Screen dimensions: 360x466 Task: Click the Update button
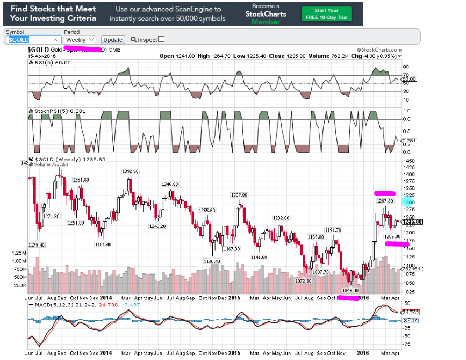(x=113, y=40)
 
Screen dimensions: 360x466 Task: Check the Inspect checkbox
(x=161, y=39)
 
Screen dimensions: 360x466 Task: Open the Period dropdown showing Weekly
(x=80, y=40)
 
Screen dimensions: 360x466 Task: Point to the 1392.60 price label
(x=130, y=171)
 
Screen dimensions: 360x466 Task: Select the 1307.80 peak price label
(x=239, y=195)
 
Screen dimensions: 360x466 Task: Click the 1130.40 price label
(x=212, y=261)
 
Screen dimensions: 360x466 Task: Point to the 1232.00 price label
(x=281, y=218)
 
